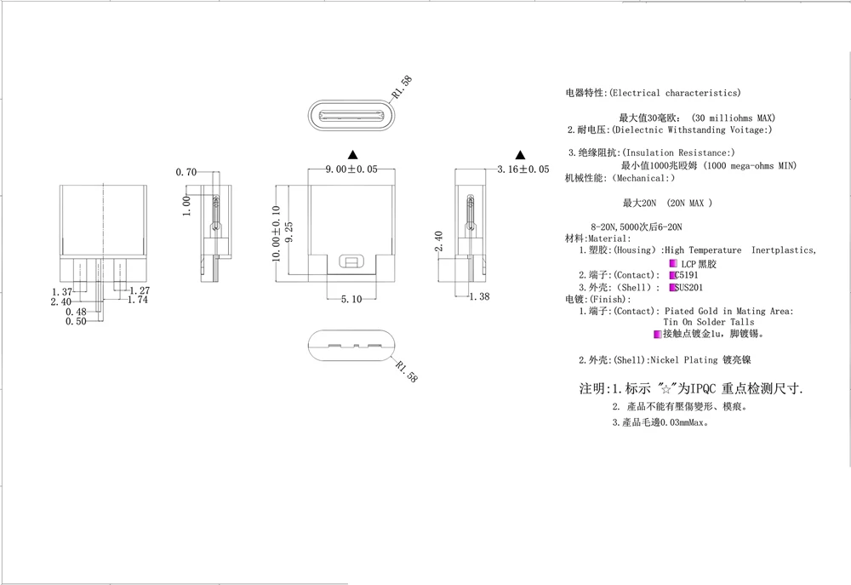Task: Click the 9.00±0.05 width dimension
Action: click(x=351, y=170)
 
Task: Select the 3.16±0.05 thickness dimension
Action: click(x=523, y=170)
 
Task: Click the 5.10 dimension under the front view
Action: click(x=351, y=299)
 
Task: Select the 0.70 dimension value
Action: click(x=186, y=172)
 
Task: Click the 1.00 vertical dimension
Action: click(x=186, y=205)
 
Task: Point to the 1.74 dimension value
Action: click(x=137, y=301)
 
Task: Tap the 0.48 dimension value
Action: click(x=76, y=312)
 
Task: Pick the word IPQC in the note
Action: click(x=703, y=388)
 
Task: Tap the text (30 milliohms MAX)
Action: click(x=733, y=118)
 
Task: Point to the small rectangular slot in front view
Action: click(x=349, y=261)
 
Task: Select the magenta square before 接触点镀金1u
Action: click(x=657, y=334)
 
